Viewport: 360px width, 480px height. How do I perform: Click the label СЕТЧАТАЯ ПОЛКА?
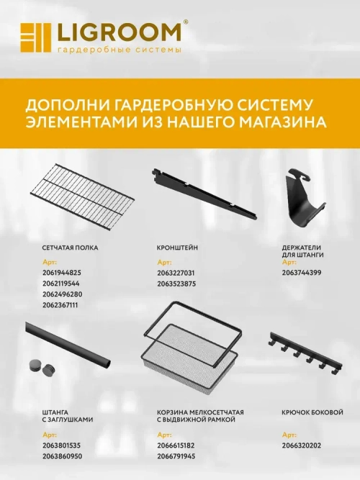coord(71,247)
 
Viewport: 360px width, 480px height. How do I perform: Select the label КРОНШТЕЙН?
coord(177,247)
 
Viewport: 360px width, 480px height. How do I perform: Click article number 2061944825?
coord(62,273)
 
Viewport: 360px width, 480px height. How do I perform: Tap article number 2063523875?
coord(176,284)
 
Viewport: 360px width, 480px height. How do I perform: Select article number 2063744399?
coord(302,273)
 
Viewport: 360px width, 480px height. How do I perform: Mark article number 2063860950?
coord(62,456)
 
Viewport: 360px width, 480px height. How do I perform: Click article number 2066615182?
coord(176,445)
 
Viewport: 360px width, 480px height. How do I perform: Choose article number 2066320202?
coord(302,445)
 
